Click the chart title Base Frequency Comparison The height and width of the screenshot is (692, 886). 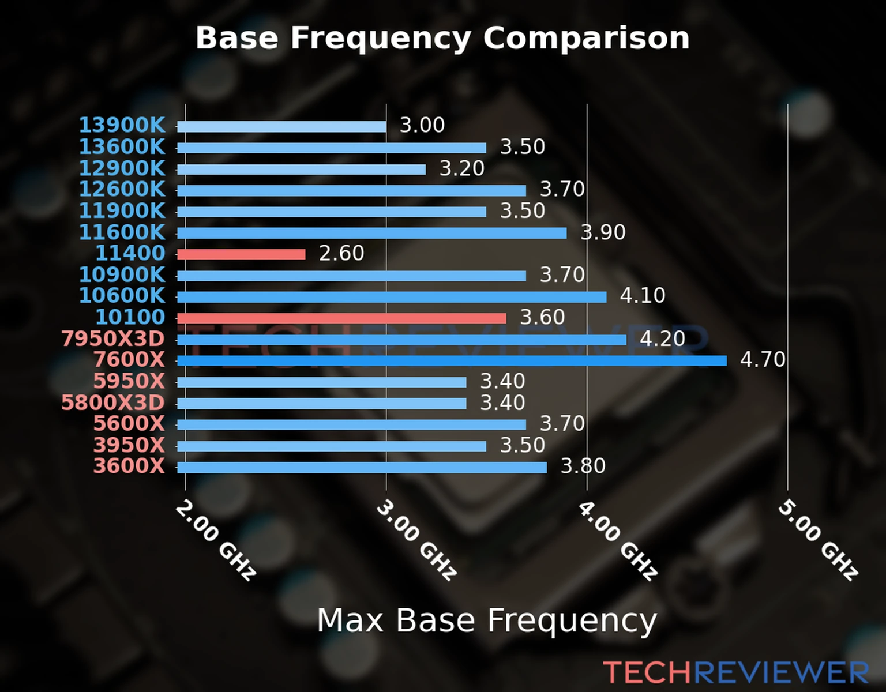click(x=442, y=39)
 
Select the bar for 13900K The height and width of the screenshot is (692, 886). click(x=281, y=127)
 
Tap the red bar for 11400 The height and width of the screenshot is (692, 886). click(x=241, y=254)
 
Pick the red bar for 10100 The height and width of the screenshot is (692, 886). click(x=341, y=318)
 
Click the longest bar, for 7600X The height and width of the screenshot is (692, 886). click(x=452, y=361)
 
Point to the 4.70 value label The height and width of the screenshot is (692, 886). click(x=763, y=360)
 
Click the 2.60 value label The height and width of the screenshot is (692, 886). click(x=341, y=253)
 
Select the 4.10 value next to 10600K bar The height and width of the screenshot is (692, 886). click(x=643, y=296)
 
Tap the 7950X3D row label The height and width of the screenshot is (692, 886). click(x=113, y=339)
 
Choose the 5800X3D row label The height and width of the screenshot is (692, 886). click(x=113, y=403)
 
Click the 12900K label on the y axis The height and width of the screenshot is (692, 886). click(x=122, y=168)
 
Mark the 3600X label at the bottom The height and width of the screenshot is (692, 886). click(x=129, y=466)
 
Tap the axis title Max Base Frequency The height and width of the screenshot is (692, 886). click(x=487, y=621)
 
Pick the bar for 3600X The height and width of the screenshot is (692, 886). click(x=362, y=467)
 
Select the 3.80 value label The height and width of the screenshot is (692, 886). click(x=583, y=466)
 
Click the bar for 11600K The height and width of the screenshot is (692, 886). click(x=371, y=233)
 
